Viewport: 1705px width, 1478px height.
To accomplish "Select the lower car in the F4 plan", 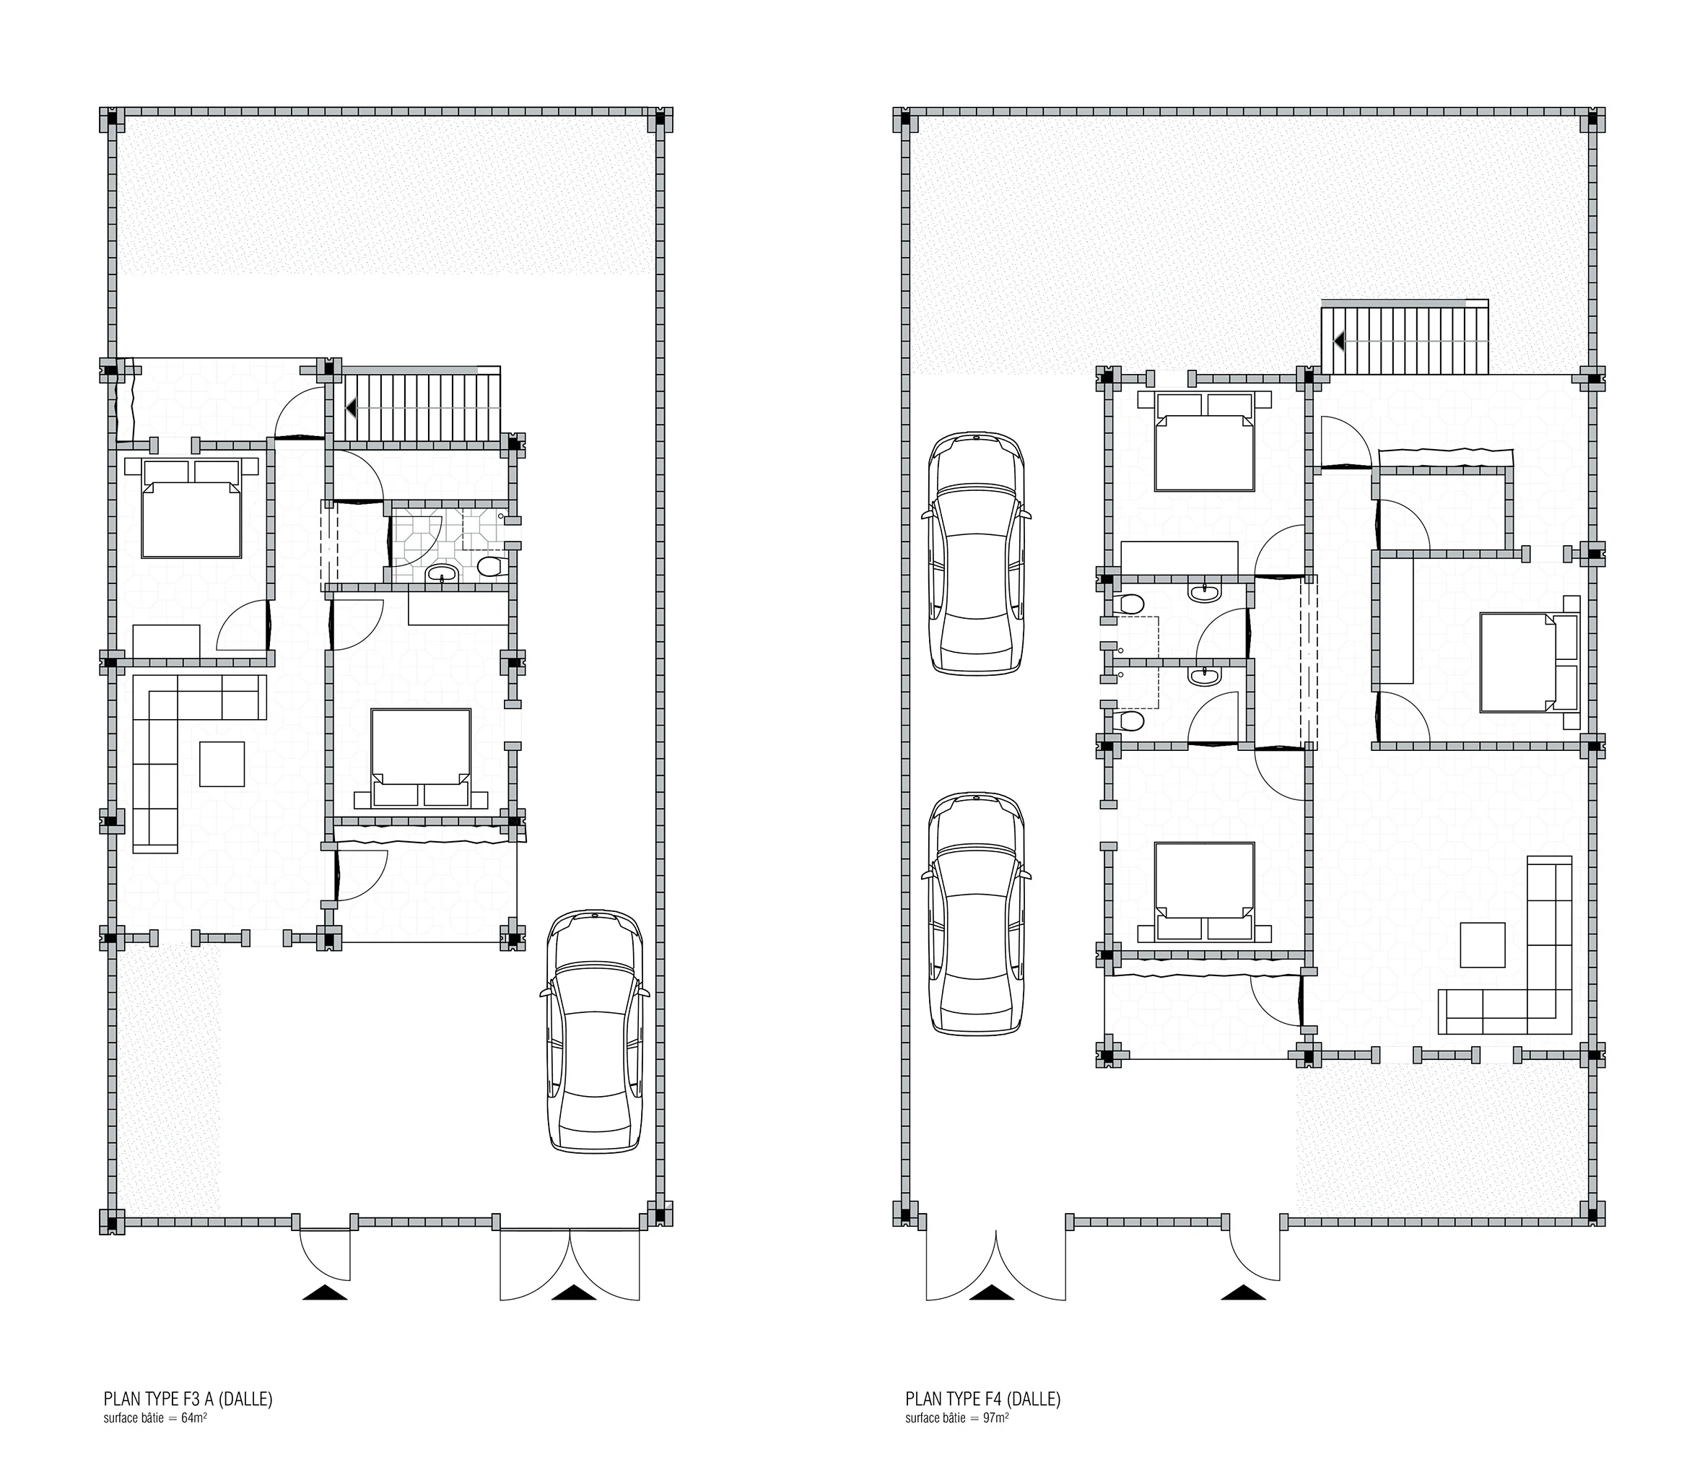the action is click(978, 914).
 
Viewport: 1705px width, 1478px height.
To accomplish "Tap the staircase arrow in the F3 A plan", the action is click(350, 407).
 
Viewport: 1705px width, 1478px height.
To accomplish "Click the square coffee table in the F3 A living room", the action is click(222, 764).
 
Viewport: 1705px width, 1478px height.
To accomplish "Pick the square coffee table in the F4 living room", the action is click(1483, 945).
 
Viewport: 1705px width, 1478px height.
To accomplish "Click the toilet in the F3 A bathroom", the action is click(489, 566).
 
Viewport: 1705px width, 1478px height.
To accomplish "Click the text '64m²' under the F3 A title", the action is click(193, 1419).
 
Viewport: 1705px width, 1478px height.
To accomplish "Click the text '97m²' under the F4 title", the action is click(995, 1419).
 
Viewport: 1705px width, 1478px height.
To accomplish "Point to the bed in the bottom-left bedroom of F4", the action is click(1205, 892).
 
